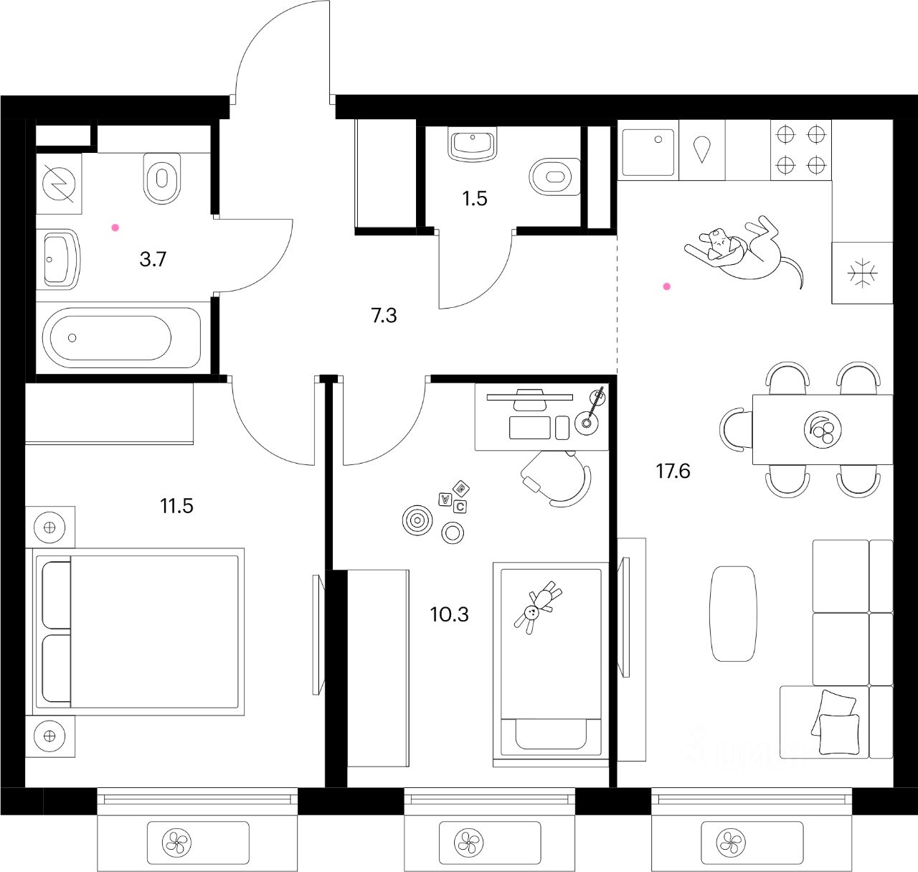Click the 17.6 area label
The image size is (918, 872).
coord(673,472)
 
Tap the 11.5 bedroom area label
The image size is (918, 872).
coord(176,507)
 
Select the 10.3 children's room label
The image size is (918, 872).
coord(449,614)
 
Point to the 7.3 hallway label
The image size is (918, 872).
coord(384,315)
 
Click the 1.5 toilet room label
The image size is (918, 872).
coord(475,199)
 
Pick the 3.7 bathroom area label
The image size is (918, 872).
coord(153,259)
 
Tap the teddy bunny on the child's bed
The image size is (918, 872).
coord(539,607)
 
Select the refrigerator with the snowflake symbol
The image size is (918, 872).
coord(861,273)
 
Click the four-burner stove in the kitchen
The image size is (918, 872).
coord(801,150)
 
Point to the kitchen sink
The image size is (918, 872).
coord(648,152)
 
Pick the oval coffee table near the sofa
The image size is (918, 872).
coord(733,613)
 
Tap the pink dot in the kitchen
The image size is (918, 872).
coord(667,286)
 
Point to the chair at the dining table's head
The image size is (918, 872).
coord(734,429)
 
